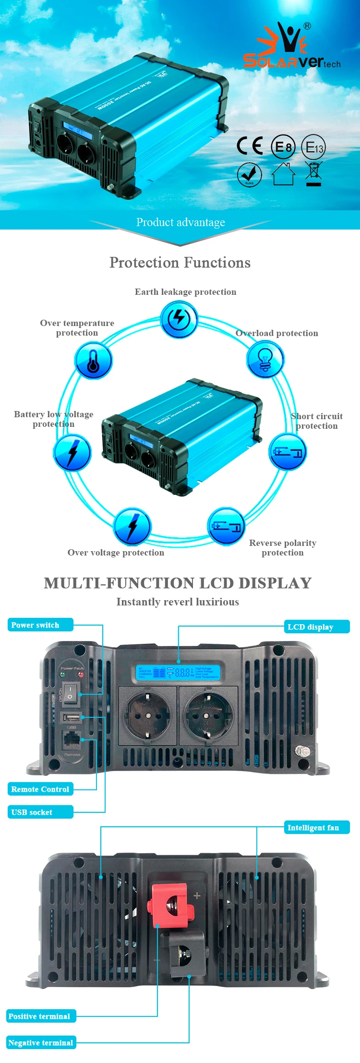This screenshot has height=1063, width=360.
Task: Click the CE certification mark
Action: pos(250,145)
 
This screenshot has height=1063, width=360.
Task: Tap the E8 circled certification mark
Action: pos(283,147)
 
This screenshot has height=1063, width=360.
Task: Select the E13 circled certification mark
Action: pos(313,147)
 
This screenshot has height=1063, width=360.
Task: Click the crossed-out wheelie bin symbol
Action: pos(313,174)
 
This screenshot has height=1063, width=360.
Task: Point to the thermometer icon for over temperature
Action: pos(94,361)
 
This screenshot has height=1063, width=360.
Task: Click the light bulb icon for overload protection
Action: pos(265,360)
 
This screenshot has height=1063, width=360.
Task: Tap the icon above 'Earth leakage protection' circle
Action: pos(179,319)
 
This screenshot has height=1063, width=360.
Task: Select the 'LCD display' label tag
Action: pos(316,627)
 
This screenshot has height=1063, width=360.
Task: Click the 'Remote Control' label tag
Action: pos(40,789)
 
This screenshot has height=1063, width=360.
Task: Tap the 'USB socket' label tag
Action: pos(40,812)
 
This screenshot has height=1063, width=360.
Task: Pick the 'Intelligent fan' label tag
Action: pos(316,827)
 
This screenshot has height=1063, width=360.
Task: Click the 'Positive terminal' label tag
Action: pos(41,1016)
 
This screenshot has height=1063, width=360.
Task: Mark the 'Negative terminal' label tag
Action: pos(41,1042)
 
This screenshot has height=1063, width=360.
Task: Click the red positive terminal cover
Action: pos(170,905)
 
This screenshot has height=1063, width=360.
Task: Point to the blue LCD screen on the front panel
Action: pos(178,672)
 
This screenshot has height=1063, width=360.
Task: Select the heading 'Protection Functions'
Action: pos(180,263)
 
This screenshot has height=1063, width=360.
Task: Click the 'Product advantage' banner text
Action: pos(180,222)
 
